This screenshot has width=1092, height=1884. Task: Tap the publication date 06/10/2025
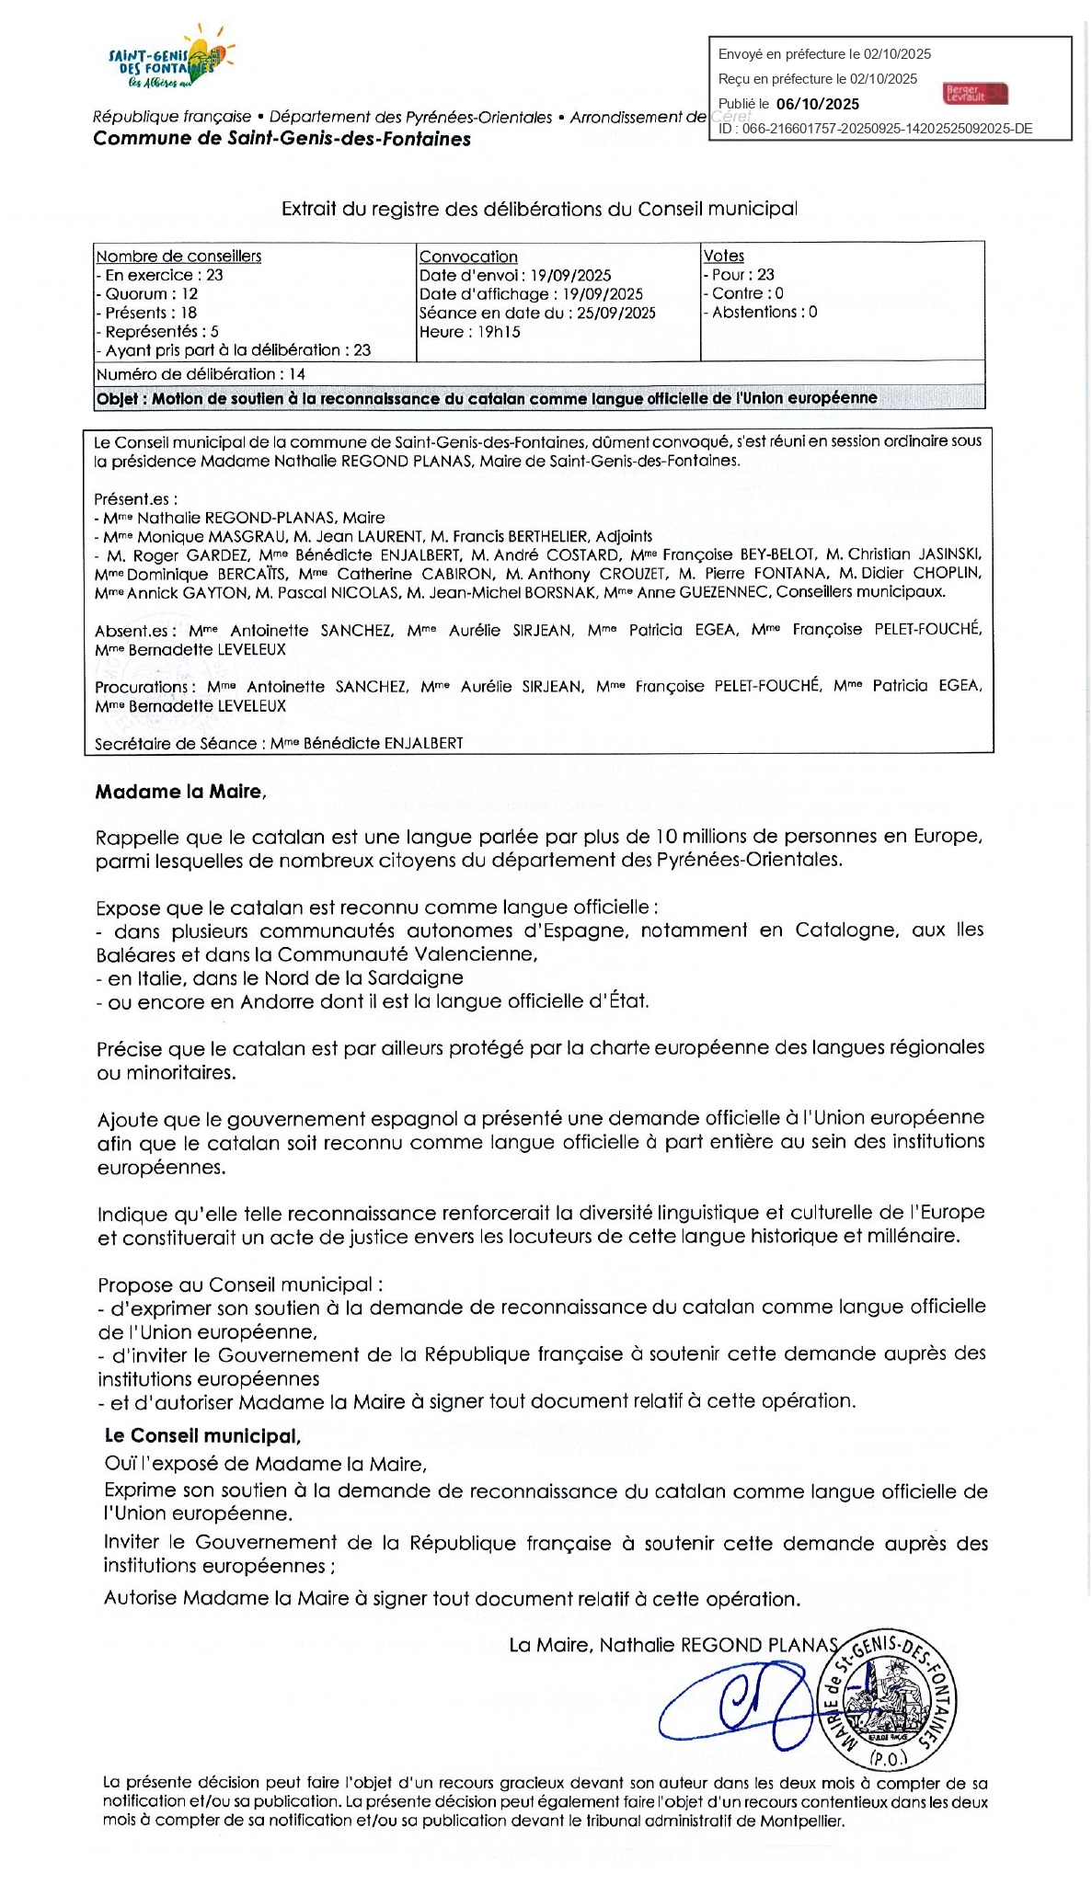coord(818,104)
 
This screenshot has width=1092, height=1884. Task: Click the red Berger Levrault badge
coord(974,93)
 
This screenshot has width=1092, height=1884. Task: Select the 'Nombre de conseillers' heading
coord(178,257)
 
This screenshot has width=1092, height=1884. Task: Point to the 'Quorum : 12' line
coord(147,294)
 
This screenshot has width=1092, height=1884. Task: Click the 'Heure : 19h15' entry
coord(469,332)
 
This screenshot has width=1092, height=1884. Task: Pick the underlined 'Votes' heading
coord(724,256)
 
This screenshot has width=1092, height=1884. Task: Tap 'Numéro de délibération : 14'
coord(201,374)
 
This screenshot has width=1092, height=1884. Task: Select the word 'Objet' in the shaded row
coord(117,398)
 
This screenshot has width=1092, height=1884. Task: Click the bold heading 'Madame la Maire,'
coord(180,792)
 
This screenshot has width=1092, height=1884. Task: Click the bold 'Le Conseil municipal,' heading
coord(202,1436)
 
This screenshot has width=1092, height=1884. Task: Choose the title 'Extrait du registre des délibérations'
coord(539,209)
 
